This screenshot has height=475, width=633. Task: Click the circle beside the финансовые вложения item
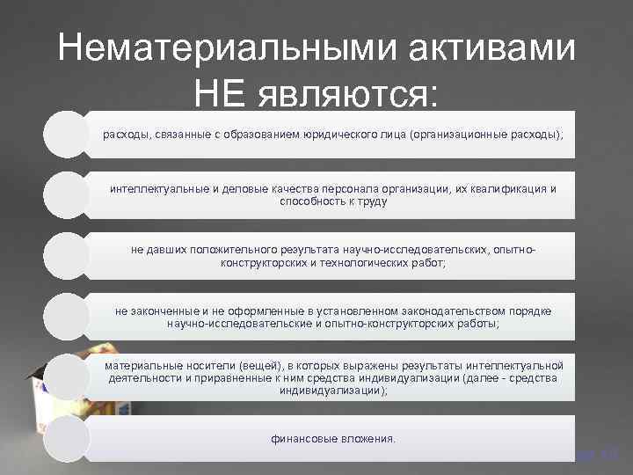tap(67, 437)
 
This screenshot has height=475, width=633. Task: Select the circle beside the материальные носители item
tap(67, 376)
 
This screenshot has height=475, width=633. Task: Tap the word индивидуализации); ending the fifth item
tap(333, 391)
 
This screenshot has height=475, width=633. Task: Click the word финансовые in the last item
tap(303, 437)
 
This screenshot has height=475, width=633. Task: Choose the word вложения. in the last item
tap(368, 437)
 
